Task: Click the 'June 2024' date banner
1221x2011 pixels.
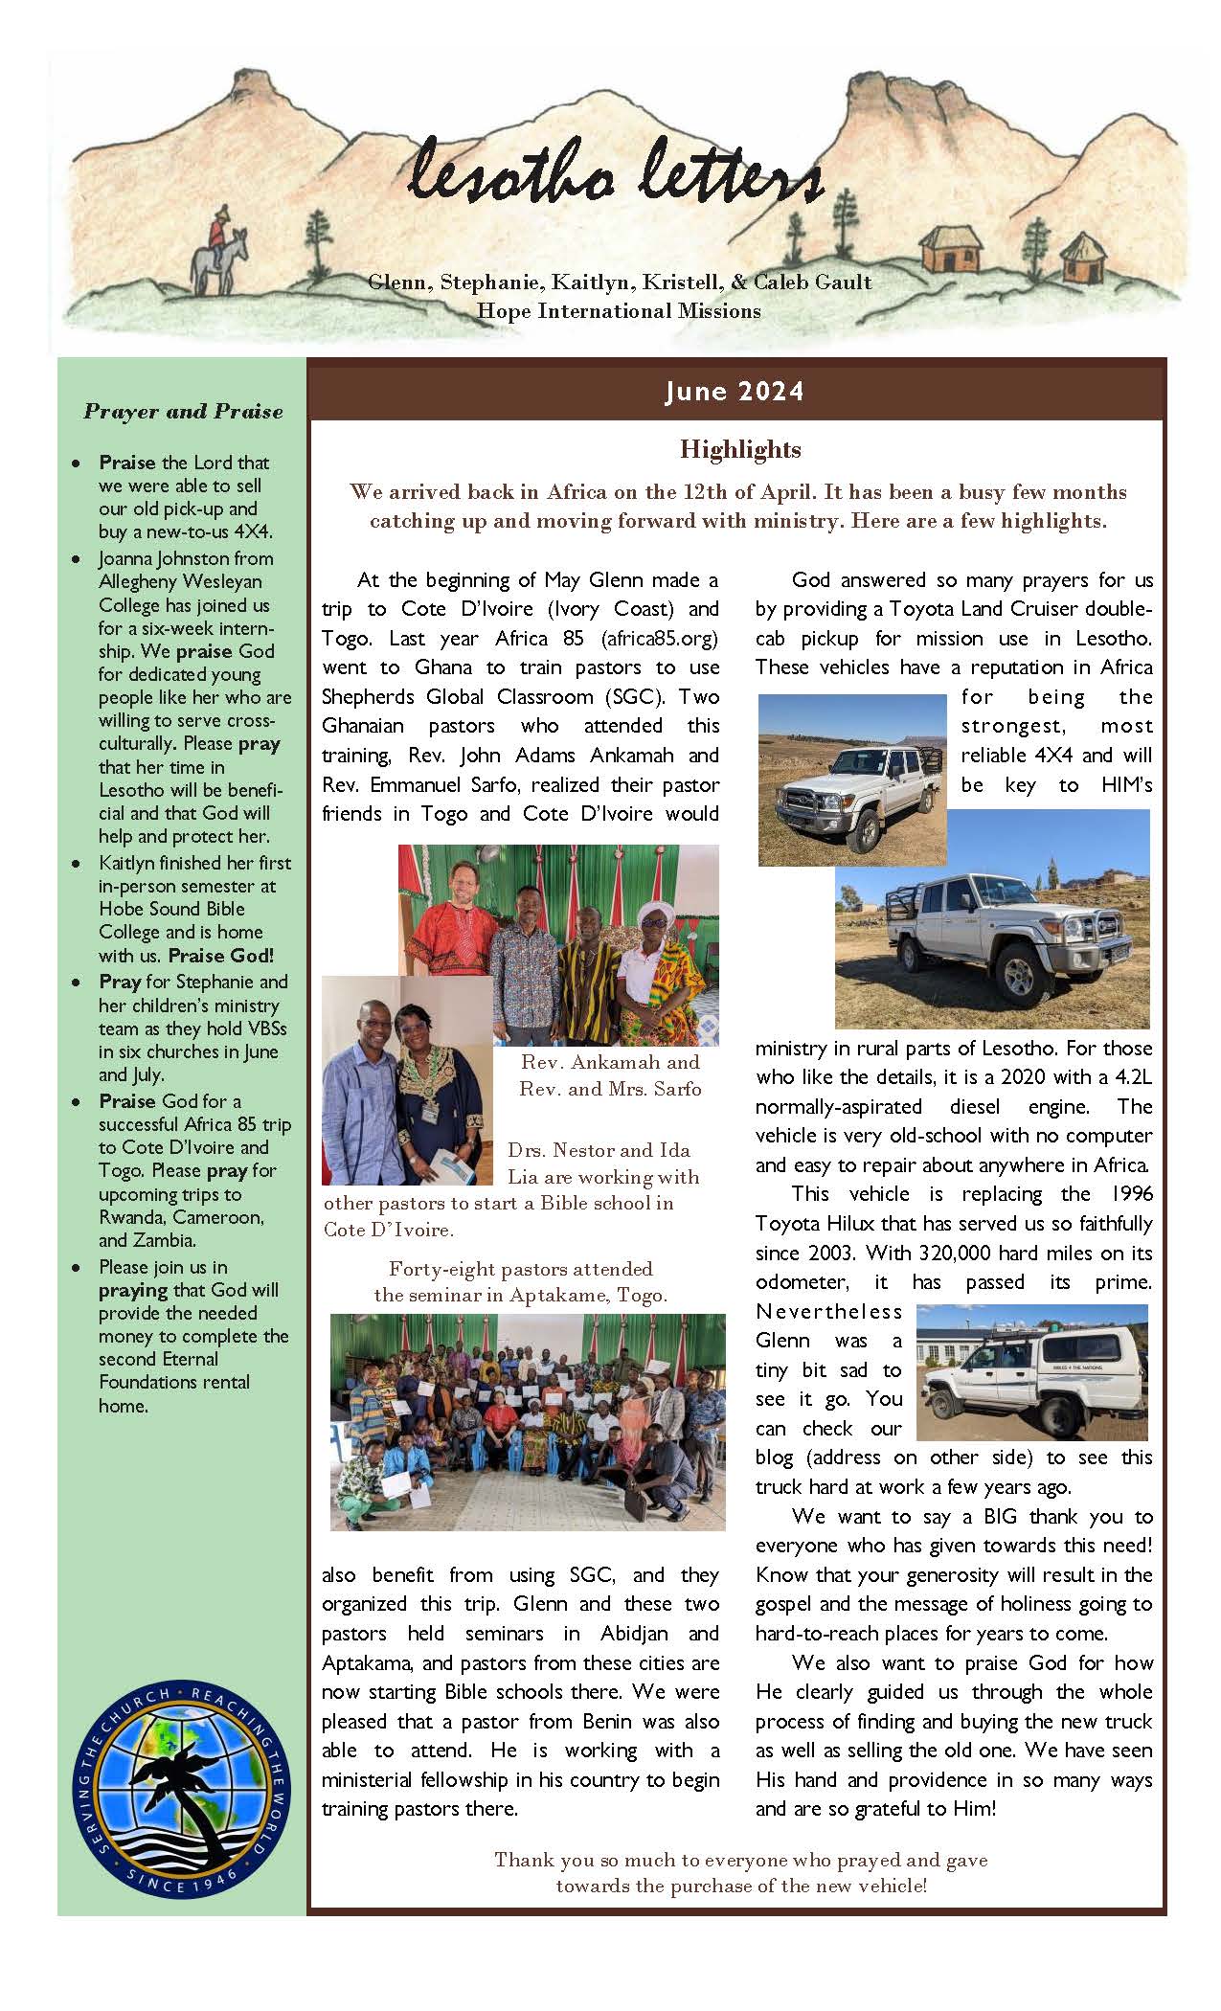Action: (x=735, y=392)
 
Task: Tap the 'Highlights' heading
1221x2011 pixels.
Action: (x=740, y=449)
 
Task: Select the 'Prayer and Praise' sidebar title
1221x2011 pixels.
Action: (x=183, y=412)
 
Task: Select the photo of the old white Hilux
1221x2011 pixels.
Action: (x=1031, y=1372)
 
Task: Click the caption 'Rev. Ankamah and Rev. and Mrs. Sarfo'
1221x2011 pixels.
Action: (x=610, y=1075)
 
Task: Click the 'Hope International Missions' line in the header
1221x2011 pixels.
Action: (x=619, y=311)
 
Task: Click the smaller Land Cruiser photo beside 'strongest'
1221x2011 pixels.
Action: (x=851, y=780)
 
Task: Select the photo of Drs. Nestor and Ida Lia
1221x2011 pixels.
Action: (x=407, y=1080)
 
